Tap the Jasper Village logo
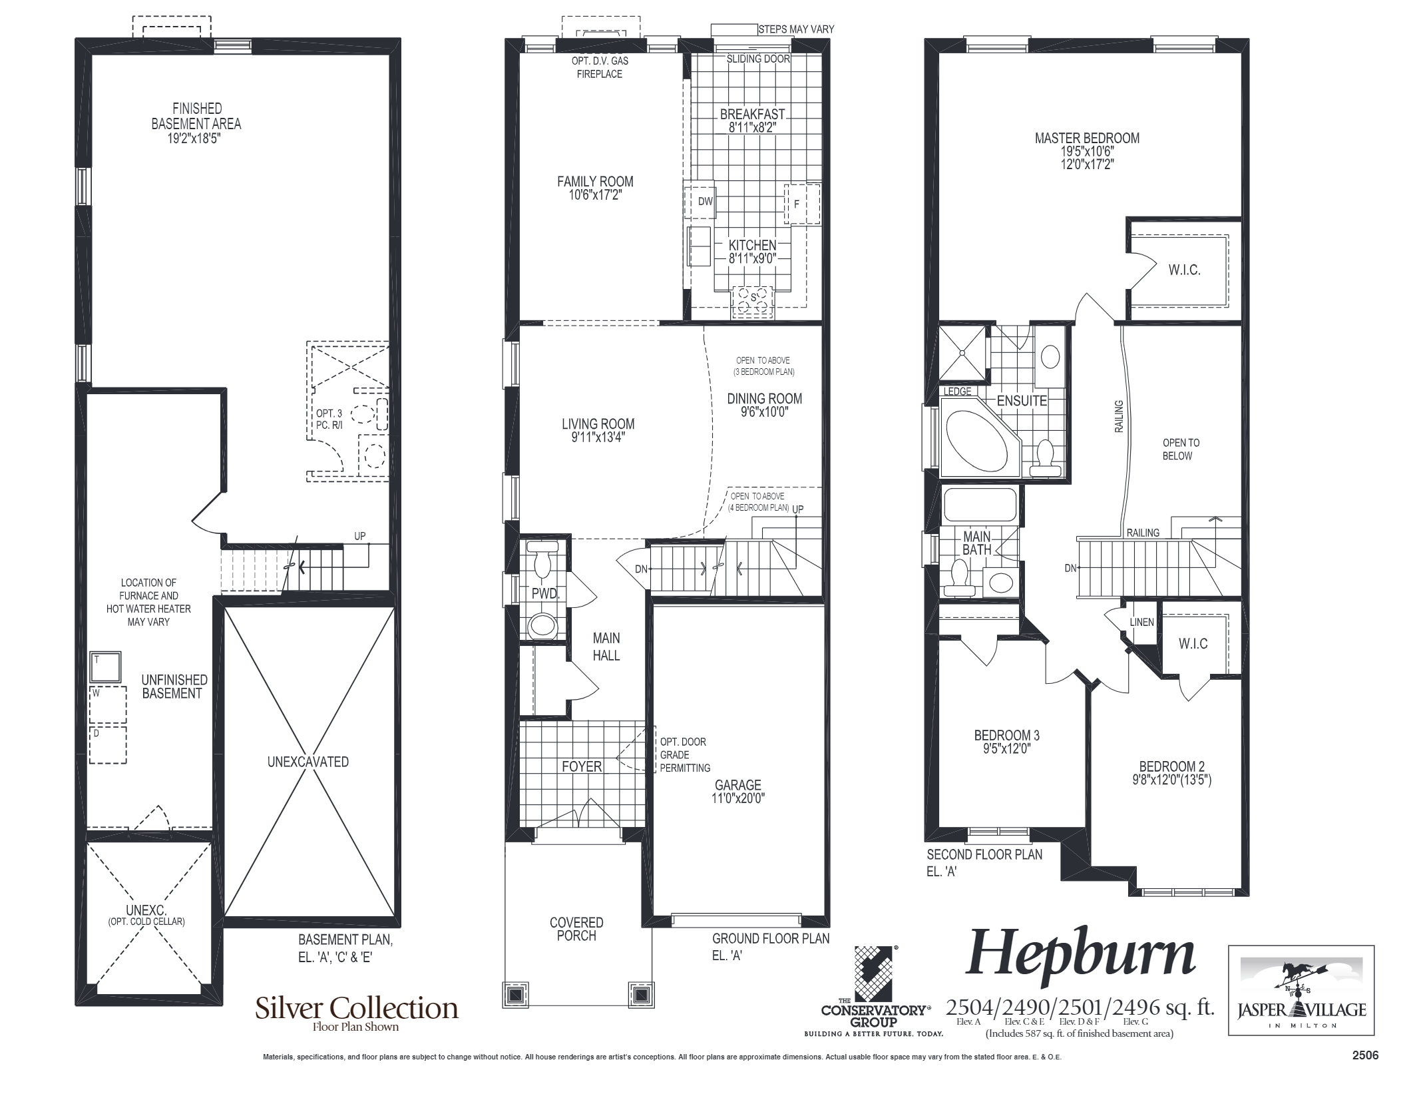pos(1301,990)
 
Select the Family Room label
pos(595,181)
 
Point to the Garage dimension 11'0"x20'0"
pos(738,798)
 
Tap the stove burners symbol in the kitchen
pos(753,302)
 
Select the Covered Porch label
pos(576,929)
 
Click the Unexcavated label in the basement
pos(307,762)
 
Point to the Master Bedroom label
pos(1087,138)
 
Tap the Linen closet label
pos(1142,622)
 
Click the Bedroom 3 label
pos(1006,735)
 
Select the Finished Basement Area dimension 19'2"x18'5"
pos(196,138)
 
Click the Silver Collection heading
pos(357,1008)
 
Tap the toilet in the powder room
pos(544,559)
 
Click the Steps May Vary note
pos(796,29)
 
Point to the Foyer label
pos(582,766)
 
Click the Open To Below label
pos(1181,449)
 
